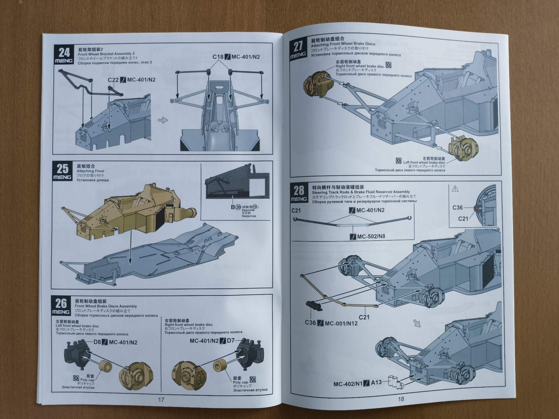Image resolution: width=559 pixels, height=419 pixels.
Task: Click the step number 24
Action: (64, 53)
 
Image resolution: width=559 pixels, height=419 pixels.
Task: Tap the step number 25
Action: (63, 168)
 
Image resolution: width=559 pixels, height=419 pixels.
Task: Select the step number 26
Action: (61, 303)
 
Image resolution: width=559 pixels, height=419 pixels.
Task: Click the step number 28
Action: (299, 190)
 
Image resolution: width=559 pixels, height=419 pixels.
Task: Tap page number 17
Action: (161, 399)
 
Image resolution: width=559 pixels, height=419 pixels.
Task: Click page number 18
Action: (401, 399)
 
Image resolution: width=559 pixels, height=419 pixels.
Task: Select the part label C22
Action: (113, 80)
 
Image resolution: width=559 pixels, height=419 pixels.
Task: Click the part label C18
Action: (218, 57)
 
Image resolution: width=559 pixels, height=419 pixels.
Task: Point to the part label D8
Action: (97, 342)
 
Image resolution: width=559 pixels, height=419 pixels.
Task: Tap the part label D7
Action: (231, 341)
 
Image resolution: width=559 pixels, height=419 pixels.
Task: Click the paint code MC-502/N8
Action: (371, 236)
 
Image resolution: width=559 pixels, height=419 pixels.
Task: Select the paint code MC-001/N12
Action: (341, 323)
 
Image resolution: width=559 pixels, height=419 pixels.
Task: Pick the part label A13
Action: (376, 382)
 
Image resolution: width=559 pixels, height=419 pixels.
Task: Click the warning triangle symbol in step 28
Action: (455, 189)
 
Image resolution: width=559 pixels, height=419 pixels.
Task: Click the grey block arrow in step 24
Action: (163, 120)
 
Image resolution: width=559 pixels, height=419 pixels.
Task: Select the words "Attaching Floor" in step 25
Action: (90, 171)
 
